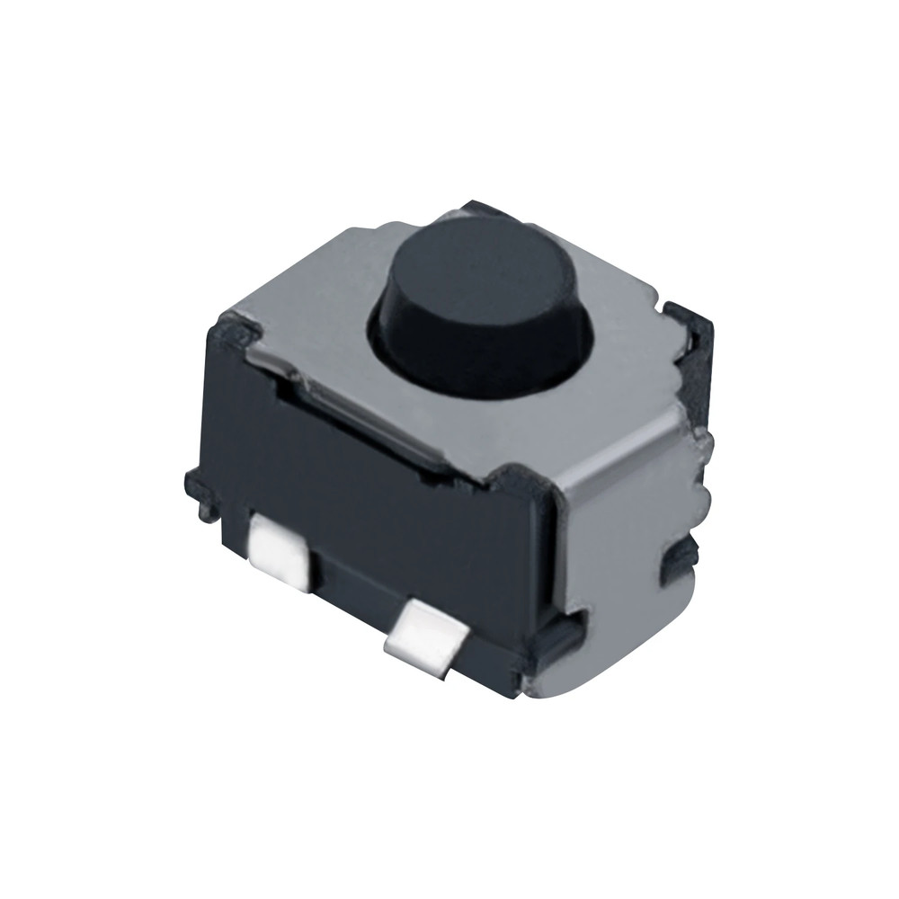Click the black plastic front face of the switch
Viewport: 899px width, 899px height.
coord(378,503)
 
